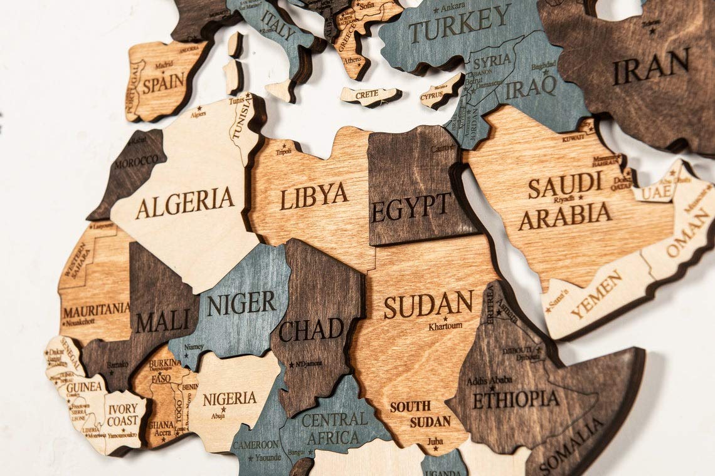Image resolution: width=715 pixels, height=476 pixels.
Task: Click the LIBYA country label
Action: click(314, 196)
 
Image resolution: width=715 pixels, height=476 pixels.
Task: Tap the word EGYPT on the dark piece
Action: click(411, 207)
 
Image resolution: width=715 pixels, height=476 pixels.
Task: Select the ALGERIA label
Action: click(185, 202)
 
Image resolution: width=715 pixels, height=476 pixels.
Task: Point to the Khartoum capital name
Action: click(445, 326)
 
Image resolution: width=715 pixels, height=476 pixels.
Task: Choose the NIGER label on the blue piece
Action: click(241, 304)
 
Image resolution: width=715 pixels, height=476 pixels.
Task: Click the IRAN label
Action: click(650, 66)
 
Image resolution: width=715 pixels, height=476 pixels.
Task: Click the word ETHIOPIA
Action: click(516, 399)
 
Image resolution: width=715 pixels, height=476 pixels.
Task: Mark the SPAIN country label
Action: click(163, 83)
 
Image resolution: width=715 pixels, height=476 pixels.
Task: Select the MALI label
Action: click(162, 321)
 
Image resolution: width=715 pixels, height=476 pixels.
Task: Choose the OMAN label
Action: click(688, 232)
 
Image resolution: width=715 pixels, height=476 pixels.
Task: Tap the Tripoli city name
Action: click(283, 151)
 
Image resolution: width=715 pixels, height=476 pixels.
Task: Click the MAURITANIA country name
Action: click(96, 309)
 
